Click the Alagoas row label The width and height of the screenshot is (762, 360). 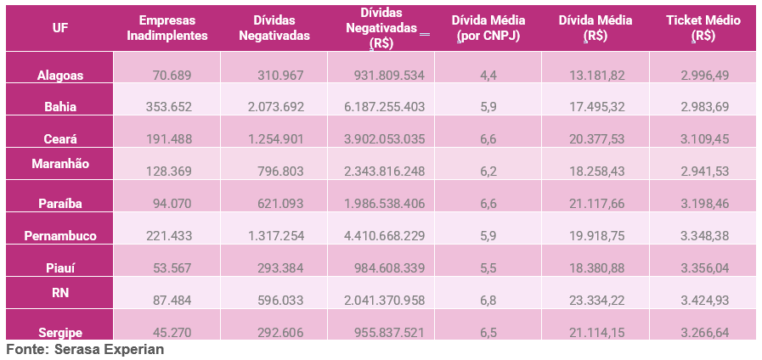click(60, 75)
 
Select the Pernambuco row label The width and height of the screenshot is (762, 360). click(60, 235)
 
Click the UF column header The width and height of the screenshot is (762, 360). click(60, 27)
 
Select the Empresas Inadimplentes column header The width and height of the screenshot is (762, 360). click(167, 27)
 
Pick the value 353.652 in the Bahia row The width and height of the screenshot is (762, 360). click(169, 107)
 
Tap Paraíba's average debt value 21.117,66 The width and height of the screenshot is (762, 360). click(597, 204)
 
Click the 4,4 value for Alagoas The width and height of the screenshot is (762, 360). click(488, 75)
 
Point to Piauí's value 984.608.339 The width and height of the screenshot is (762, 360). click(388, 267)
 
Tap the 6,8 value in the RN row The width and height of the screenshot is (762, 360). click(488, 301)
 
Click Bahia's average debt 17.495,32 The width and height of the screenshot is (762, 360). click(597, 107)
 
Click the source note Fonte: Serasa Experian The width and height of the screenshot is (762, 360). click(85, 350)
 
